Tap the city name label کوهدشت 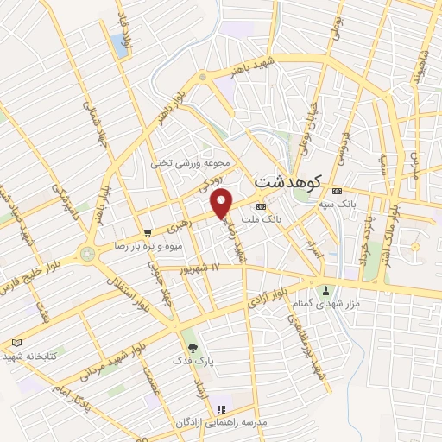(287, 182)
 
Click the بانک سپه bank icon (337, 191)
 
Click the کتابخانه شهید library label (30, 355)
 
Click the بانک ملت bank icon (261, 206)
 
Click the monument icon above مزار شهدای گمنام (326, 290)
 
